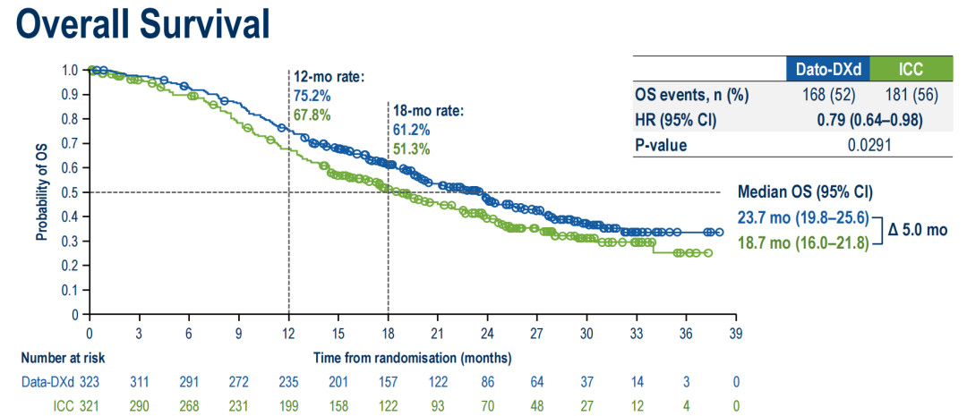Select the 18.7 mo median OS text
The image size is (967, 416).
802,242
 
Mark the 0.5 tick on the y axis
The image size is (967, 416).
73,192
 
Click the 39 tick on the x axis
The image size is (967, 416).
734,333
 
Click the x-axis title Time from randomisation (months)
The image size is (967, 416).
412,358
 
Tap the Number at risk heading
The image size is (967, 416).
63,358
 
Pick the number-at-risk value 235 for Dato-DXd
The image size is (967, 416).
288,382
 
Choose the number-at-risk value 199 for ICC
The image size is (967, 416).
288,405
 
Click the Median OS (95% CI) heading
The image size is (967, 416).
805,191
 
